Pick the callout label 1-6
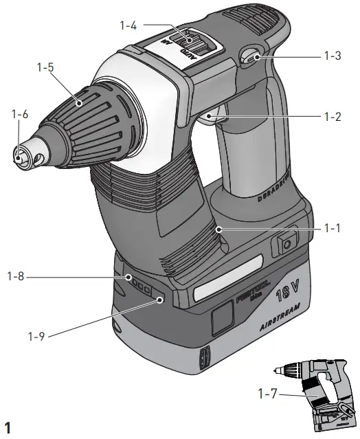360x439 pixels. point(19,115)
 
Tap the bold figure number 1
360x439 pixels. point(8,429)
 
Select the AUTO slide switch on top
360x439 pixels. point(192,45)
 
